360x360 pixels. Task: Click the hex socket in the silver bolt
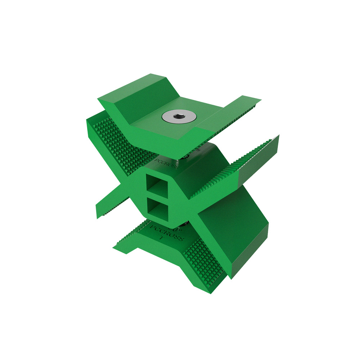(x=179, y=116)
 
